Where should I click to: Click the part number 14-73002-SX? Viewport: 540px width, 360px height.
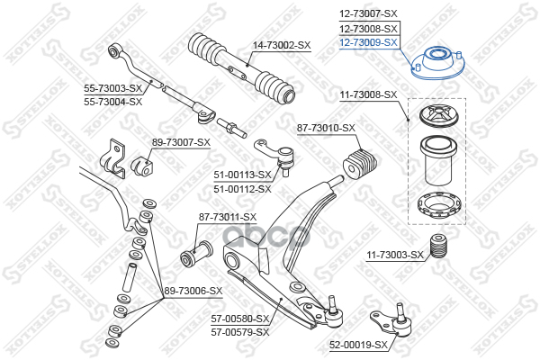282,45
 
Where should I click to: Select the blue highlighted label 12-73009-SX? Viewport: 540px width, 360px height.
368,42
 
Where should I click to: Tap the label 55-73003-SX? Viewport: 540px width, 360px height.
113,88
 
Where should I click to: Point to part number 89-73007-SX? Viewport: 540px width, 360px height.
181,142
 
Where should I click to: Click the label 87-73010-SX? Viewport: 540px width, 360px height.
326,128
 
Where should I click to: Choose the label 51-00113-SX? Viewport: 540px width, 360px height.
242,175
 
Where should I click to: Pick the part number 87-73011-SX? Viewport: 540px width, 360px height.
228,217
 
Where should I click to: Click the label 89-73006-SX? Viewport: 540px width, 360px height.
193,291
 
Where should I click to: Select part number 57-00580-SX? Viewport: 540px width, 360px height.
239,319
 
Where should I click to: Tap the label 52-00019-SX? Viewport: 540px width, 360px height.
358,345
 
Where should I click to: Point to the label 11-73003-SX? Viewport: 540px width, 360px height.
395,256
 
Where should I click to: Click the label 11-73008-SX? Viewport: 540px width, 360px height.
368,94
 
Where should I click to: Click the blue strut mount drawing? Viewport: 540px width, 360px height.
438,63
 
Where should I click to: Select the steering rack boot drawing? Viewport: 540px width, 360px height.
241,67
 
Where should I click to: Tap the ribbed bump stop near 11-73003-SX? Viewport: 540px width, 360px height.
438,247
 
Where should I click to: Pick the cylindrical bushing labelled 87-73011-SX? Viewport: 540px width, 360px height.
196,254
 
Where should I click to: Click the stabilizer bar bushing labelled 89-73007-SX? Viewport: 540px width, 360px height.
141,166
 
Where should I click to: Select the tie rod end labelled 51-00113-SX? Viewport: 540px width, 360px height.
274,156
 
